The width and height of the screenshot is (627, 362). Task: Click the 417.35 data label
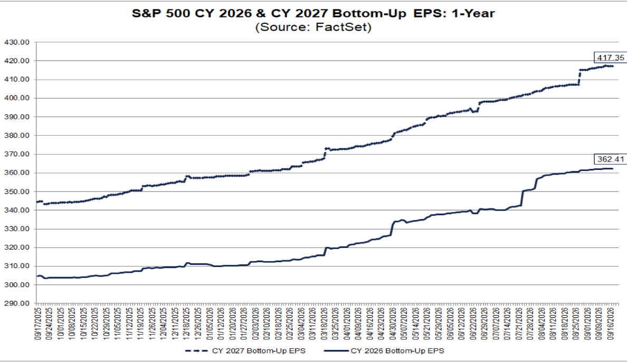(610, 58)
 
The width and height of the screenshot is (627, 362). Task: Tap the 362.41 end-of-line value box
(610, 159)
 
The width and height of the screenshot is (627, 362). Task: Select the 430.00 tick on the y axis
(16, 42)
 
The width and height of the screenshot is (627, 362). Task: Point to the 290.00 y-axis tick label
(16, 303)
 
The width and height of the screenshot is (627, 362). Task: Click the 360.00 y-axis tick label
(16, 173)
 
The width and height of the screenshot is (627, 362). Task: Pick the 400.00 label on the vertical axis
(16, 98)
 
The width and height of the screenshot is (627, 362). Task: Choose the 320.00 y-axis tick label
(16, 247)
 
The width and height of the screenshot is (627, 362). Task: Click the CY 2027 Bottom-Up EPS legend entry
(245, 351)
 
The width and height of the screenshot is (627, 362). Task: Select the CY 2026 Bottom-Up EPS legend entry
(384, 351)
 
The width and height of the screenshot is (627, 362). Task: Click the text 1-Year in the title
(473, 14)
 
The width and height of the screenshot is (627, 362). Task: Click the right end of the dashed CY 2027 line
(613, 66)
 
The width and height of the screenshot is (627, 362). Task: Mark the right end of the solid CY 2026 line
(613, 168)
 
